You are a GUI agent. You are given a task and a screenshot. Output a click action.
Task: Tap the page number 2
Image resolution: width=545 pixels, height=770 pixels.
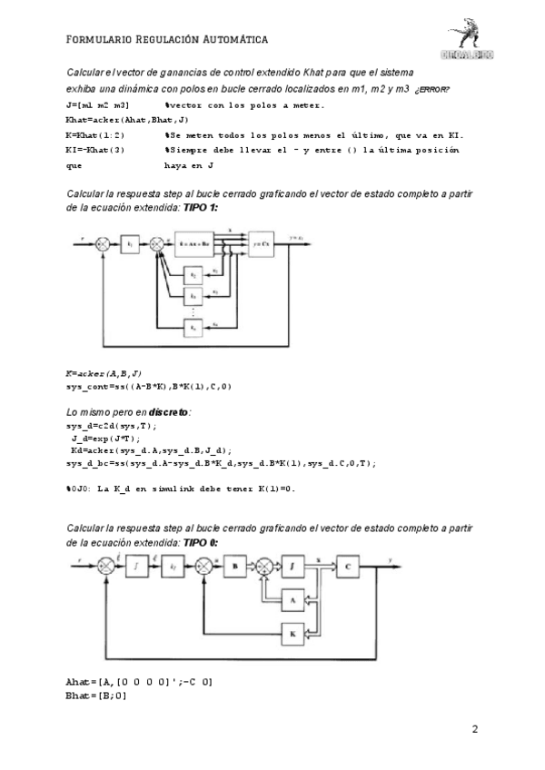coord(475,729)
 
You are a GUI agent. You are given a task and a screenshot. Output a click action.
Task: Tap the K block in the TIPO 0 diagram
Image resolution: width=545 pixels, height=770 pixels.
coord(292,633)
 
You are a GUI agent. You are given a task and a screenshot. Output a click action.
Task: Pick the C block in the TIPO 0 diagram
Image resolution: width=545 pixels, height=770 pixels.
coord(349,566)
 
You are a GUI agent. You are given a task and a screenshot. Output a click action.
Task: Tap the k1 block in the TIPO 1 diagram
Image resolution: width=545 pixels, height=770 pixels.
coord(131,244)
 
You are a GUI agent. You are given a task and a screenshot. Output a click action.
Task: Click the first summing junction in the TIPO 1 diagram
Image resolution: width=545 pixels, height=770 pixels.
coord(103,244)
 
